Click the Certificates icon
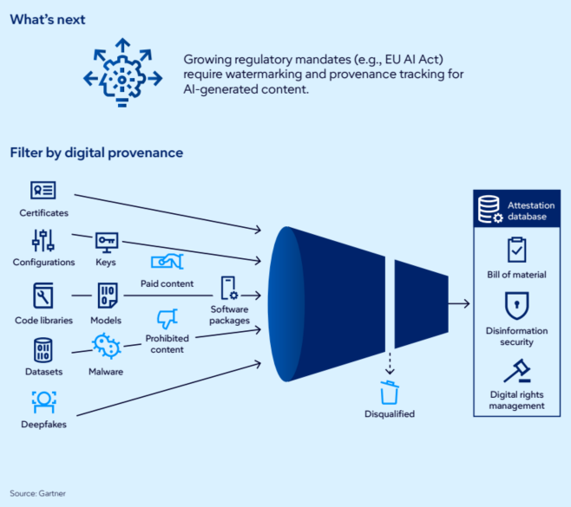[x=43, y=191]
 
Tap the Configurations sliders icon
[x=43, y=240]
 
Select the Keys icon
[x=106, y=240]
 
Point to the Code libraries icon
[x=43, y=296]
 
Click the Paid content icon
[x=167, y=261]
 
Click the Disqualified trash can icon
[x=390, y=393]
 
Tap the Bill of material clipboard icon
[x=516, y=250]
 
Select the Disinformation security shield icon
[x=516, y=305]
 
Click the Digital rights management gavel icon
[x=516, y=372]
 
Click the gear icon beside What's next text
[x=122, y=76]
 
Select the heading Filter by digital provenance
[x=96, y=153]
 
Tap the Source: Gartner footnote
[x=37, y=493]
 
